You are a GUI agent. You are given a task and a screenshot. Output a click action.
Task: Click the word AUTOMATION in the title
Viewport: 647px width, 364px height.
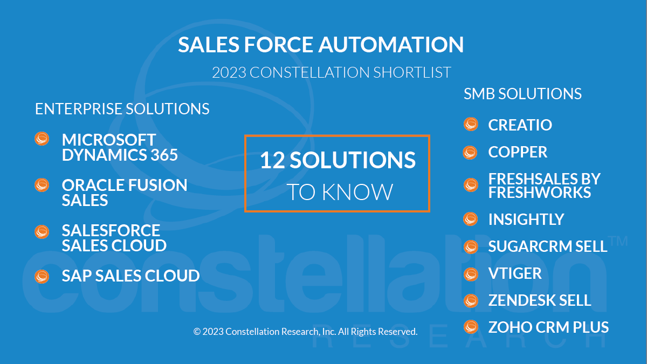point(391,44)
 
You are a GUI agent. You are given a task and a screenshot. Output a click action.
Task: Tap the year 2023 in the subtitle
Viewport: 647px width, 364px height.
point(229,72)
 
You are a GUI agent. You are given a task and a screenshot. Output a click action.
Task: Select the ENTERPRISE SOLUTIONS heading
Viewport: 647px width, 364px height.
point(122,109)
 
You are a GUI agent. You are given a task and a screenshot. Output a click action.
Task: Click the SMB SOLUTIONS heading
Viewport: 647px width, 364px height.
point(522,94)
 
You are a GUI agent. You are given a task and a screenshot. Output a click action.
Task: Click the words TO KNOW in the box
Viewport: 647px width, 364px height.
point(340,192)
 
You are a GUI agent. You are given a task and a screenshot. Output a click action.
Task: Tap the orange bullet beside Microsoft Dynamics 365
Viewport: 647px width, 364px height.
point(42,139)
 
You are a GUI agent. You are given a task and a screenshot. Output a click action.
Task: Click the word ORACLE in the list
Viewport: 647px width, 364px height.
point(92,185)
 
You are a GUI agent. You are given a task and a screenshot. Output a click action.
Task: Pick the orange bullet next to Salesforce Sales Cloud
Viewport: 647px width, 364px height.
point(42,232)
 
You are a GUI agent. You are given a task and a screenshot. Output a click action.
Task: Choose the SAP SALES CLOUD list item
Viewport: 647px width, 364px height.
point(131,276)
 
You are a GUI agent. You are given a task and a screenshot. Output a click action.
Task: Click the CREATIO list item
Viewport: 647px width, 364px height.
point(520,125)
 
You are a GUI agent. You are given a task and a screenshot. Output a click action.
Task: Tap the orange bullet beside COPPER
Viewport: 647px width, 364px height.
point(470,153)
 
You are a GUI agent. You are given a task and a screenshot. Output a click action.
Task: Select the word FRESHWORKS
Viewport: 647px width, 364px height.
point(540,193)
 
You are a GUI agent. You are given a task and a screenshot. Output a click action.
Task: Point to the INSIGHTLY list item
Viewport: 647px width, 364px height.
point(526,219)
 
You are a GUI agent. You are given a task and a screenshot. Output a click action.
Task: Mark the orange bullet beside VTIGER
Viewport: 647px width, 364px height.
point(471,274)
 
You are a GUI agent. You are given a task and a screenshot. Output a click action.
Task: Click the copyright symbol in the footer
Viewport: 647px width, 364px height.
point(197,332)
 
